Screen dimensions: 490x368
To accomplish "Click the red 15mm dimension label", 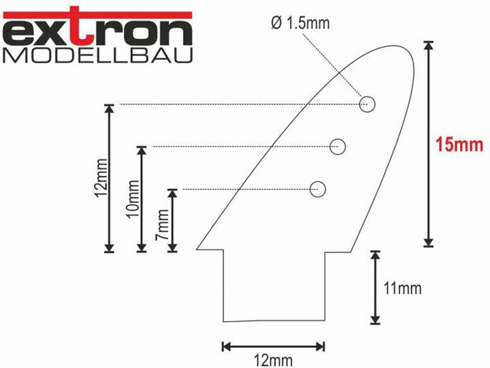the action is coord(459,145).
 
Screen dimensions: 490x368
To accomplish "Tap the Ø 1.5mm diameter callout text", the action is coord(300,23).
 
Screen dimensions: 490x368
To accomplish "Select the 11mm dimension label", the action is coord(402,288).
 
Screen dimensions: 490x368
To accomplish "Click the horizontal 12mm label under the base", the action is coord(274,361).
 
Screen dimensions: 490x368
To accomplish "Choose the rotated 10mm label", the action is coord(133,199).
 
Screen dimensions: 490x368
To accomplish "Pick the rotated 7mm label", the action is coord(163,224).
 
